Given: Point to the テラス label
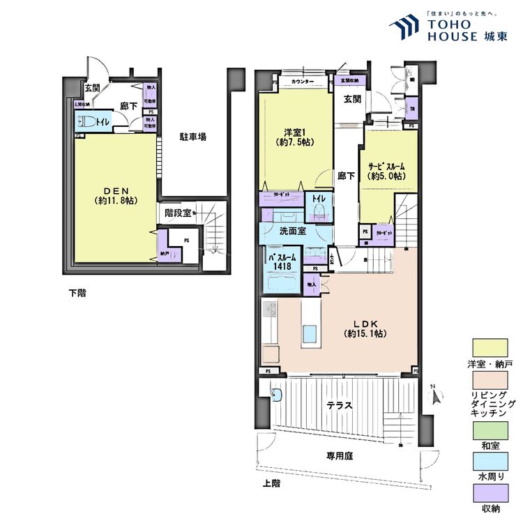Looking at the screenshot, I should coord(340,404).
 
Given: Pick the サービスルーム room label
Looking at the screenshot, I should coord(386,171).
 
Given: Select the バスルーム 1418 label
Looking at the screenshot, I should coord(282,261).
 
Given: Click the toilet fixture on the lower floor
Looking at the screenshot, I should coord(88,121).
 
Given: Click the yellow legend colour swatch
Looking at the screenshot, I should coord(490,347).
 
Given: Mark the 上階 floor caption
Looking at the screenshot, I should coord(272,483).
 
